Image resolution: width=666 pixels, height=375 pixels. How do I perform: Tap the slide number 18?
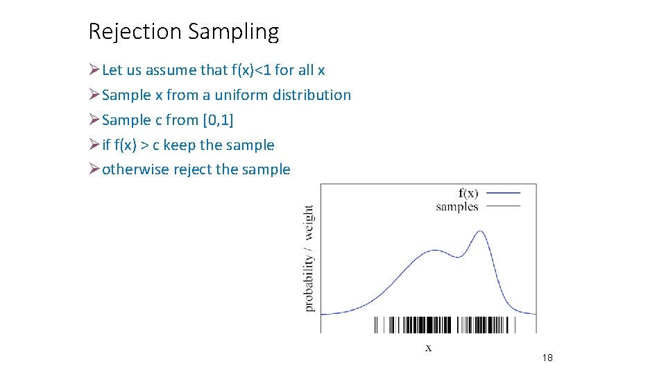(547, 358)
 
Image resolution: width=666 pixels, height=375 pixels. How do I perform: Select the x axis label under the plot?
(428, 347)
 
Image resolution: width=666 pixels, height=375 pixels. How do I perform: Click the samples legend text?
(457, 206)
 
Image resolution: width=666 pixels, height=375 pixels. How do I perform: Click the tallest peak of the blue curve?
(479, 231)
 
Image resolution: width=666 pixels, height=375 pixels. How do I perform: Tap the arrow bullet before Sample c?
(94, 120)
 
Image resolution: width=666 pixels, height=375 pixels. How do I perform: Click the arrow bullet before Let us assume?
(94, 70)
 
